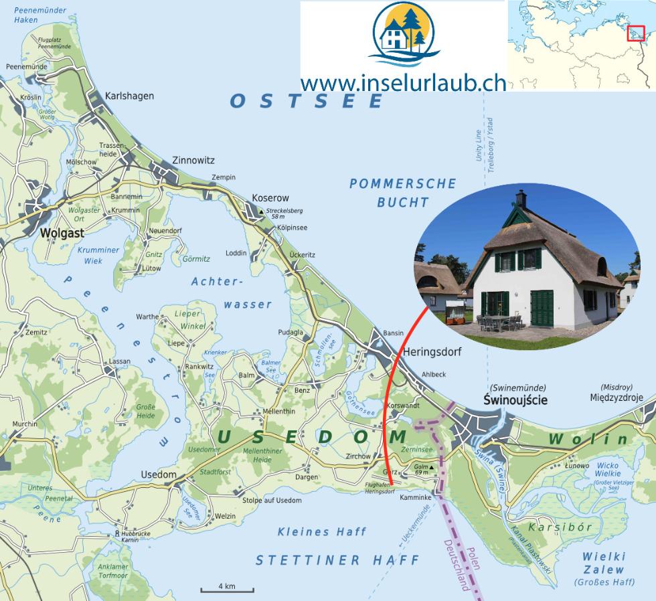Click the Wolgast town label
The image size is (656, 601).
click(62, 234)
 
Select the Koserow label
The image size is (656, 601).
click(270, 198)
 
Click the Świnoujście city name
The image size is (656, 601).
click(515, 400)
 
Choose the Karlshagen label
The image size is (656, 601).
click(129, 96)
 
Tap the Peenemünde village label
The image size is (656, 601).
click(26, 67)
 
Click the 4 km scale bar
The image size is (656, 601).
click(227, 589)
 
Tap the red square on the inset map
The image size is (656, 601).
click(635, 33)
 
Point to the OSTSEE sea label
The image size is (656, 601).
click(308, 101)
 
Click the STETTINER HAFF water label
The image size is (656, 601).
click(337, 560)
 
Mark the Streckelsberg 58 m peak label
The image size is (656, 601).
click(284, 213)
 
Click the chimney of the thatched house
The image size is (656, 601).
click(520, 199)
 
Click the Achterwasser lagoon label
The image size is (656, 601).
click(232, 293)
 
